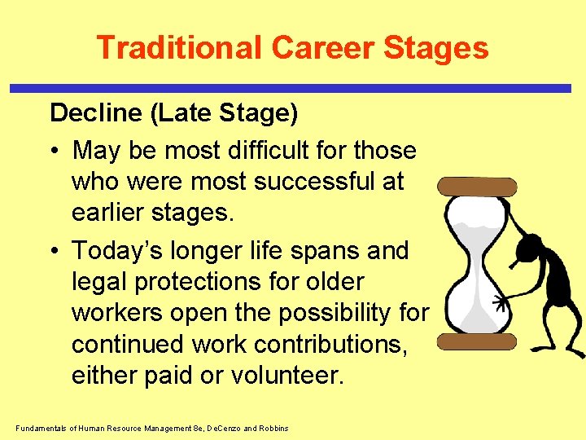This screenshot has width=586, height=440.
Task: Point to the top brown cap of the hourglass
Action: [477, 187]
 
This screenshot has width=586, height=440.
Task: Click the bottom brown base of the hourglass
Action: [477, 341]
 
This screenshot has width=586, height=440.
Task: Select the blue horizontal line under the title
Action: [293, 88]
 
